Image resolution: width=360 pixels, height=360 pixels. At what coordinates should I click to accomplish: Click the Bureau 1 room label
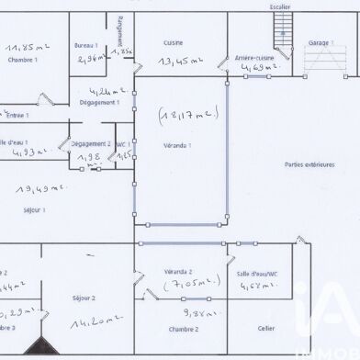click(87, 45)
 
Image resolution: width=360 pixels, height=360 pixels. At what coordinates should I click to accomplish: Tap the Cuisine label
click(173, 43)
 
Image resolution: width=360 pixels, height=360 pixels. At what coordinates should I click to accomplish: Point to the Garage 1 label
click(319, 43)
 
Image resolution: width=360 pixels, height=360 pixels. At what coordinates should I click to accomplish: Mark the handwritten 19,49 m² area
click(34, 188)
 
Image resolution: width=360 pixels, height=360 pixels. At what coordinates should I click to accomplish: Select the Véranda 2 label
click(177, 272)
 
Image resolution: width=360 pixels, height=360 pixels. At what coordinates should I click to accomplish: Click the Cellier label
click(266, 327)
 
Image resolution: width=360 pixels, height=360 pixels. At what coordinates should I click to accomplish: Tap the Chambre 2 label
click(184, 328)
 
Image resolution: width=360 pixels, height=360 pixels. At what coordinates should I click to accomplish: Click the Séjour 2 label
click(84, 298)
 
